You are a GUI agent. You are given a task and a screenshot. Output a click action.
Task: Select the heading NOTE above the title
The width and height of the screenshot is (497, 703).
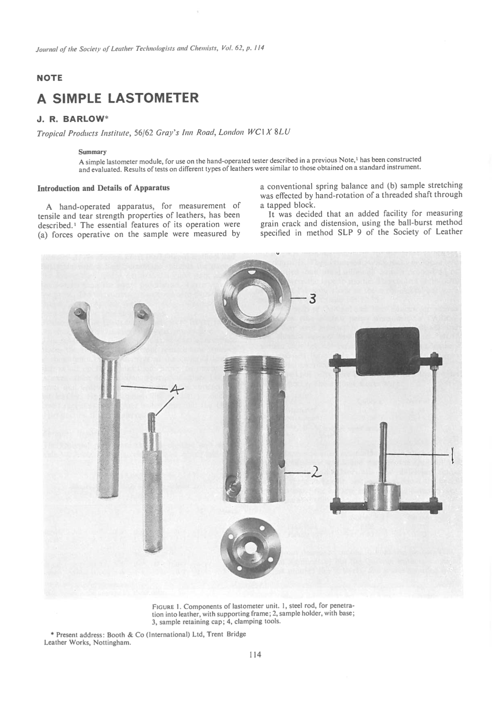pos(50,78)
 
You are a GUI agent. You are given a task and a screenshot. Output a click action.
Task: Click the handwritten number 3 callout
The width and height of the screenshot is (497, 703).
pos(313,299)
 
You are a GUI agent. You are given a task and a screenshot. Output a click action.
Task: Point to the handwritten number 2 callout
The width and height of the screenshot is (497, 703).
pos(314,473)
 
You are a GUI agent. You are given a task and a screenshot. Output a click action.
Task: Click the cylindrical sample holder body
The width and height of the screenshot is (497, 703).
pos(254,430)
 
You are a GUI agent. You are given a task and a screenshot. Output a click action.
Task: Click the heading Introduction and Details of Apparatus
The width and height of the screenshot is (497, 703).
pos(103,188)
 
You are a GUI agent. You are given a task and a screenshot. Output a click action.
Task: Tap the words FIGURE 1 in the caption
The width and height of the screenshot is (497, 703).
pos(166,606)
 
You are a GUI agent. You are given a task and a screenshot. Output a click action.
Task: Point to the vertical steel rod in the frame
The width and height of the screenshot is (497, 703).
pos(384,451)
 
